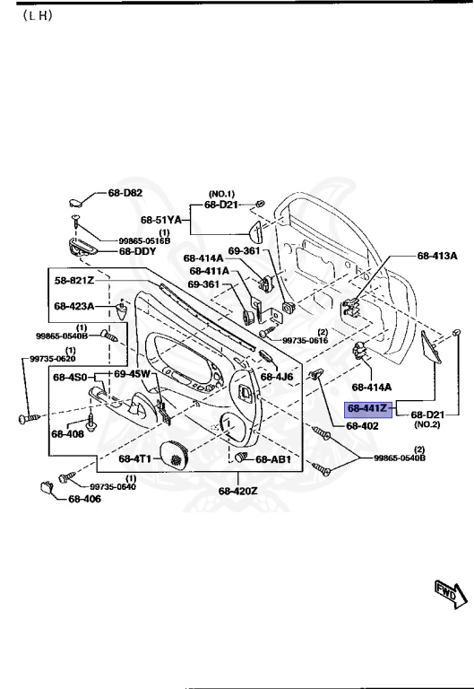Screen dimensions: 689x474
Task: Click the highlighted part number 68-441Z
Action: tap(367, 408)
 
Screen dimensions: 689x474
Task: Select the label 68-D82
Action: tap(125, 193)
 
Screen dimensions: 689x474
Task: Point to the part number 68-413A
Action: tap(437, 256)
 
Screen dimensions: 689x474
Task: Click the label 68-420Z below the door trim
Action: tap(237, 491)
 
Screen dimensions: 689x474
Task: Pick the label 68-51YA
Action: tap(161, 219)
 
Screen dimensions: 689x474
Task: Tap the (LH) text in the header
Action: tap(33, 17)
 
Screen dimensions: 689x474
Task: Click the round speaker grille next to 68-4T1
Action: tap(175, 457)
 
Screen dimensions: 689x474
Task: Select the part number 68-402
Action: tap(362, 426)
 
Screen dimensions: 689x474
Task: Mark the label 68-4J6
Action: tap(277, 377)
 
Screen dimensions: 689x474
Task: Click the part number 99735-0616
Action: tap(306, 341)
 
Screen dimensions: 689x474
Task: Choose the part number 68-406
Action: tap(85, 500)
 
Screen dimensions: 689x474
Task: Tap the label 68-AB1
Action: tap(273, 459)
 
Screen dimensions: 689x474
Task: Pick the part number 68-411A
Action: tap(208, 271)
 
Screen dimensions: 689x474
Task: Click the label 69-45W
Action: tap(132, 373)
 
